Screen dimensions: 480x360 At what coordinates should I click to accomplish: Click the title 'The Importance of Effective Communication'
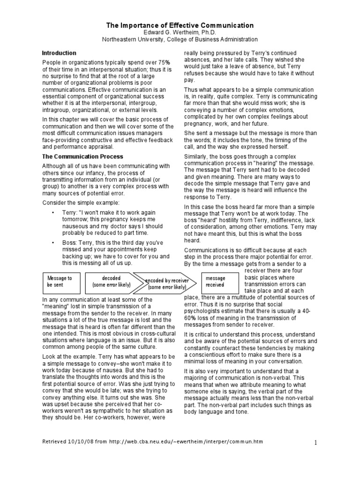(180, 25)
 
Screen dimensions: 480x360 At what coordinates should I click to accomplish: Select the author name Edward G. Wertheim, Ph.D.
(180, 33)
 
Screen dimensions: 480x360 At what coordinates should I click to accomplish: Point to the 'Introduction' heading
(59, 53)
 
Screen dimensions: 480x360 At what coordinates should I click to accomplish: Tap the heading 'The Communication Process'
(82, 157)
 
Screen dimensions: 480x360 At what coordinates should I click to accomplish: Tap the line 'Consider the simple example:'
(74, 202)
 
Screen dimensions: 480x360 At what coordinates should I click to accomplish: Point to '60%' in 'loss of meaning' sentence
(192, 318)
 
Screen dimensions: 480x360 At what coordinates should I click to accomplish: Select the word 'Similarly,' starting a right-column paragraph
(197, 155)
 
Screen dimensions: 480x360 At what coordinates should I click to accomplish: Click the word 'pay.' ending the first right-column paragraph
(189, 80)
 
